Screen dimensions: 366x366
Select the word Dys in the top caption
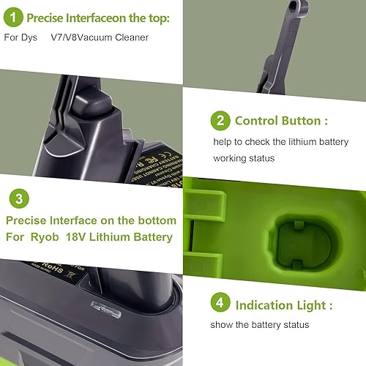34,36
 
